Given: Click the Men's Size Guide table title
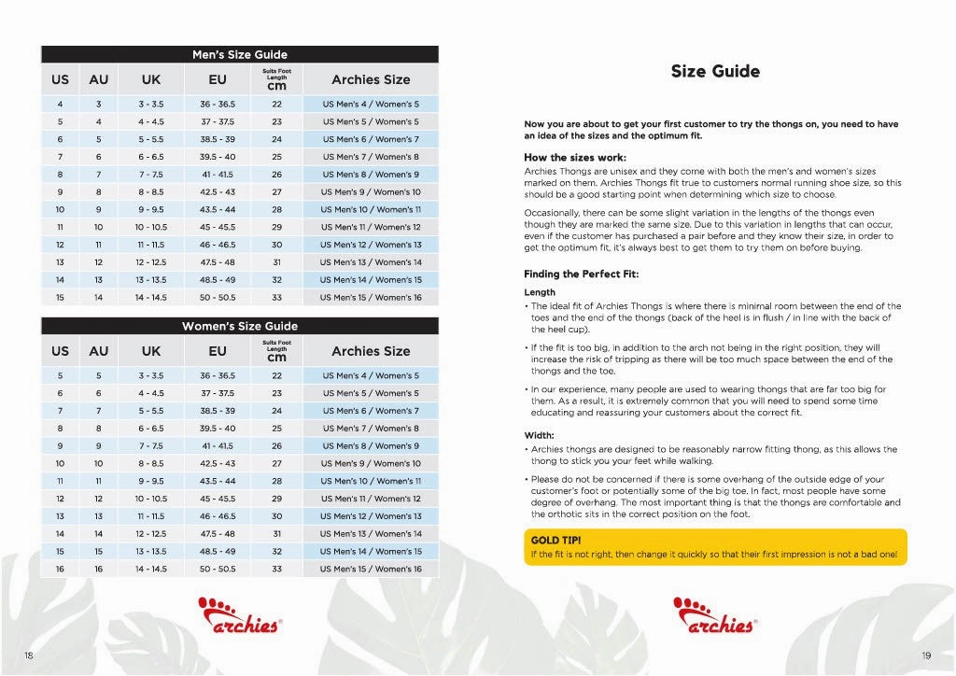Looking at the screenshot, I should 239,55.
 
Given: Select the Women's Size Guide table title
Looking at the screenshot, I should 239,326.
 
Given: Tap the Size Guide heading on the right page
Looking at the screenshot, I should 715,72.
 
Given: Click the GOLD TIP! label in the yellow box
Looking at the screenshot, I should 558,541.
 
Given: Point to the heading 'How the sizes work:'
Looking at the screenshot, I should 575,157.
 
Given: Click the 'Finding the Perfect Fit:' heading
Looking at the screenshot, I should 583,274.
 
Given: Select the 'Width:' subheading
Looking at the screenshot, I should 540,435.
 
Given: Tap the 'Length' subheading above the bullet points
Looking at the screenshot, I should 540,292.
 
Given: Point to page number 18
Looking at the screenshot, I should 29,655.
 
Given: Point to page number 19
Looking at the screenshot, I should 926,655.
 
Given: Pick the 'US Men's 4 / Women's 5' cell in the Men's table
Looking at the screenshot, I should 371,105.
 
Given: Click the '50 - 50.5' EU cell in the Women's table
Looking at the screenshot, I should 218,569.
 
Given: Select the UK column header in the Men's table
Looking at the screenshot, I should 150,80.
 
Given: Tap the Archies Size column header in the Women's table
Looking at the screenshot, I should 371,351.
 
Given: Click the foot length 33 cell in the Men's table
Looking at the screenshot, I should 276,297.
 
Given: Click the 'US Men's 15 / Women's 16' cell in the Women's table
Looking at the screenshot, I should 371,569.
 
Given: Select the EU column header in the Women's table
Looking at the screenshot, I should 218,351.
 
